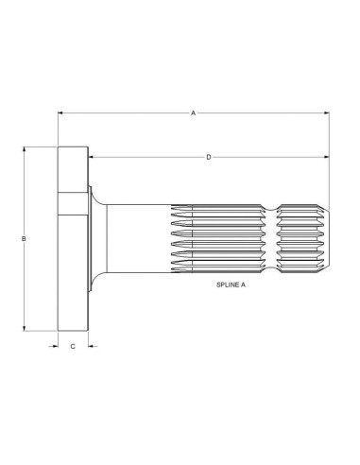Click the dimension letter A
pos(193,112)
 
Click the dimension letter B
pos(24,239)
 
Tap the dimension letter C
pos(73,347)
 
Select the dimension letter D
pos(209,157)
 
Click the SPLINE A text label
pos(231,284)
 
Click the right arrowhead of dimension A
pos(327,112)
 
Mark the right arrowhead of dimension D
pos(327,157)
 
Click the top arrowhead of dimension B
pos(24,150)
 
